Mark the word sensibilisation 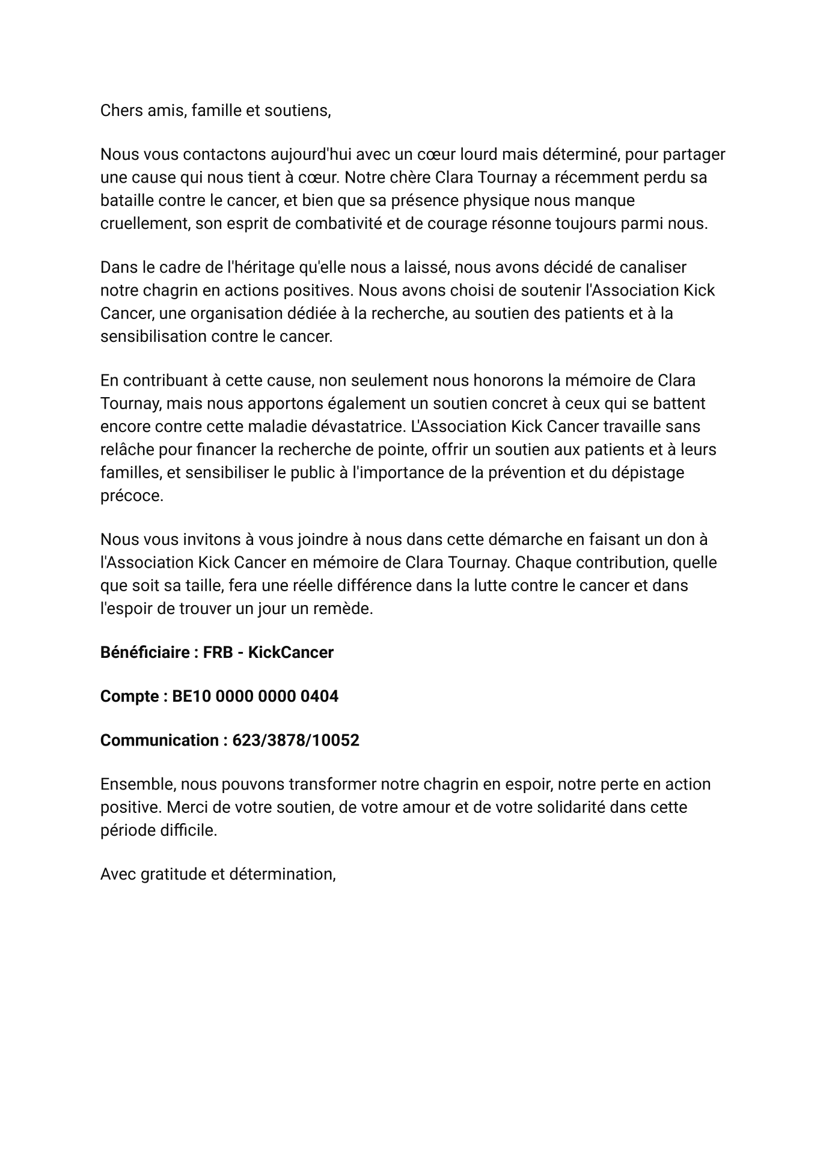point(153,336)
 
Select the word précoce point(132,496)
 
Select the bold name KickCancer point(291,652)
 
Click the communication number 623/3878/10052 point(296,740)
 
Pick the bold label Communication point(159,740)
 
